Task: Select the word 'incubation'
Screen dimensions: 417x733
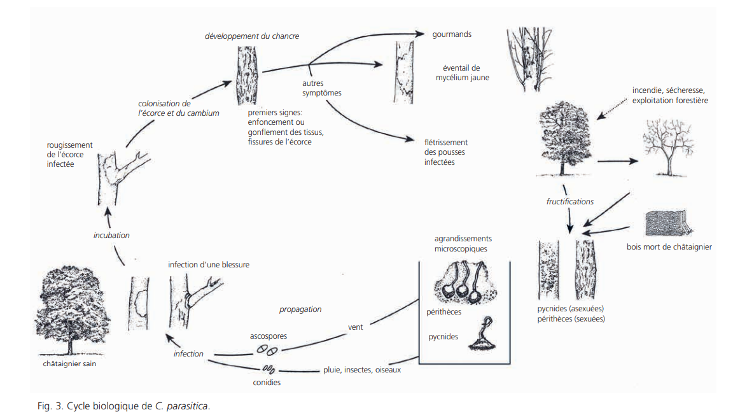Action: (x=111, y=236)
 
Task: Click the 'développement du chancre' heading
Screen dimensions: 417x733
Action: (x=252, y=36)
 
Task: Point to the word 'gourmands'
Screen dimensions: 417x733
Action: (x=452, y=34)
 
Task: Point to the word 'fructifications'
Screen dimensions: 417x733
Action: (x=570, y=202)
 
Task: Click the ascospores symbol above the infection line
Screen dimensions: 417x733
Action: (x=268, y=350)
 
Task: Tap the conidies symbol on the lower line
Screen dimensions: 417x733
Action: (x=268, y=369)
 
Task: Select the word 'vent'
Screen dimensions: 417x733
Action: (x=356, y=327)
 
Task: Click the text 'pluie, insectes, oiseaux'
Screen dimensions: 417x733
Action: (x=362, y=370)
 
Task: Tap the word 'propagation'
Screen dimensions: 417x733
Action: (x=300, y=309)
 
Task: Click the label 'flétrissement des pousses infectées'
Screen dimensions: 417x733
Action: (x=446, y=152)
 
